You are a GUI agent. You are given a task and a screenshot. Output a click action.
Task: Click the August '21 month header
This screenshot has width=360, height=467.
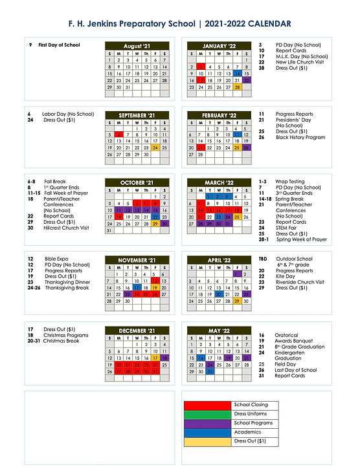[137, 46]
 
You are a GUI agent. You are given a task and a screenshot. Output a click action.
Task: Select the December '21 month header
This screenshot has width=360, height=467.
[137, 331]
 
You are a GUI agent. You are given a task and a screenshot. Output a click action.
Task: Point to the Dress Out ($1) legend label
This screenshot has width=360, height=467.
[250, 440]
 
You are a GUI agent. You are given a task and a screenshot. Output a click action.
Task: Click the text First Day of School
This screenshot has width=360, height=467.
[59, 45]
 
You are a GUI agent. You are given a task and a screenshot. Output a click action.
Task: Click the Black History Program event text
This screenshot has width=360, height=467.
[300, 137]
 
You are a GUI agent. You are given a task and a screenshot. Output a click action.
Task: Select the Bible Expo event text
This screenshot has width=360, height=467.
[57, 259]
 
